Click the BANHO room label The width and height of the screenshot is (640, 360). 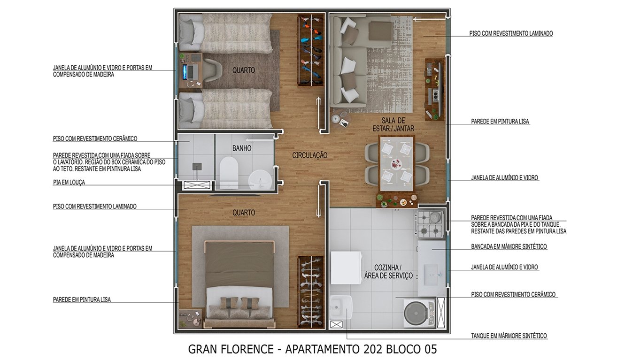pyautogui.click(x=242, y=148)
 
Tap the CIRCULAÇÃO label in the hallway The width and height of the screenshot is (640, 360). pyautogui.click(x=309, y=155)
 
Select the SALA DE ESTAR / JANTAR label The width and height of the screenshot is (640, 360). pyautogui.click(x=393, y=124)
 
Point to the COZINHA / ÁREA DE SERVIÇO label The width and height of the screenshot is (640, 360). pyautogui.click(x=388, y=271)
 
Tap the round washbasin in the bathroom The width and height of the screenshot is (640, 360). pyautogui.click(x=260, y=180)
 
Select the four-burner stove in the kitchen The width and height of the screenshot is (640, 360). pyautogui.click(x=430, y=224)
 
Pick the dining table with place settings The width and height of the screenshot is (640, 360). pyautogui.click(x=397, y=164)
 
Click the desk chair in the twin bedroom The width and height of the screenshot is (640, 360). pyautogui.click(x=213, y=70)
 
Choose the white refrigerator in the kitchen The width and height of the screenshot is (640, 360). pyautogui.click(x=346, y=268)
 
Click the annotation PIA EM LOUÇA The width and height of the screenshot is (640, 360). pyautogui.click(x=69, y=183)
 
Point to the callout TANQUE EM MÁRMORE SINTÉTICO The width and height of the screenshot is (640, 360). pyautogui.click(x=509, y=336)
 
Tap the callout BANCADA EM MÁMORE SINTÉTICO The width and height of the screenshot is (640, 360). pyautogui.click(x=509, y=246)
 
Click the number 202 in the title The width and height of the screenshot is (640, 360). pyautogui.click(x=372, y=349)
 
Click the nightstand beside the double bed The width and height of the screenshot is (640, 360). pyautogui.click(x=190, y=319)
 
